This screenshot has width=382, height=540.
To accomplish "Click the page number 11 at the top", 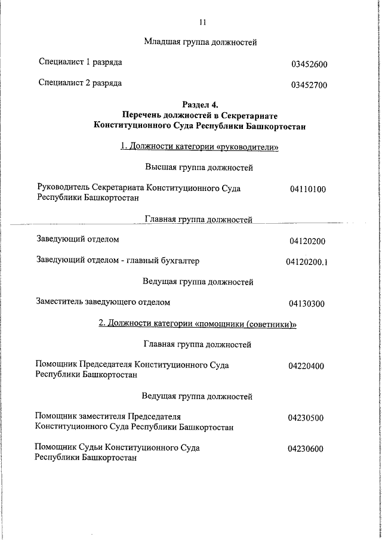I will pyautogui.click(x=202, y=22).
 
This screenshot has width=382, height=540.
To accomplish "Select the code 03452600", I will pyautogui.click(x=309, y=64).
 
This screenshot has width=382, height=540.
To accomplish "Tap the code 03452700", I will pyautogui.click(x=309, y=85).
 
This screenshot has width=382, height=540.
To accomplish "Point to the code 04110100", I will pyautogui.click(x=307, y=190).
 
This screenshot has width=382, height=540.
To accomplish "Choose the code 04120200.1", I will pyautogui.click(x=307, y=261).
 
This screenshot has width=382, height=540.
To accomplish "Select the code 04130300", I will pyautogui.click(x=307, y=304).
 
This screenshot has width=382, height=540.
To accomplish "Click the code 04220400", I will pyautogui.click(x=306, y=366).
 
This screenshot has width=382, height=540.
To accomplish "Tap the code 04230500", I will pyautogui.click(x=306, y=418).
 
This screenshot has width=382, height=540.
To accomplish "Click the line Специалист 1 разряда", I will pyautogui.click(x=81, y=62).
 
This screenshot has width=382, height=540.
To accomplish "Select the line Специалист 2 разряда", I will pyautogui.click(x=81, y=83).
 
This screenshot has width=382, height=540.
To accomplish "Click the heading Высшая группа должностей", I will pyautogui.click(x=199, y=168).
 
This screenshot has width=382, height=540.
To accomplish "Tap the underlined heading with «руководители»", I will pyautogui.click(x=200, y=147).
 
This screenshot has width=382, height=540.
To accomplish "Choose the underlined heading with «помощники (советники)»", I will pyautogui.click(x=198, y=323).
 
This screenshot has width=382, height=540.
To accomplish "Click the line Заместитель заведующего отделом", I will pyautogui.click(x=103, y=302).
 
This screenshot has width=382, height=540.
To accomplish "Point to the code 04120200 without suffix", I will pyautogui.click(x=307, y=241).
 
